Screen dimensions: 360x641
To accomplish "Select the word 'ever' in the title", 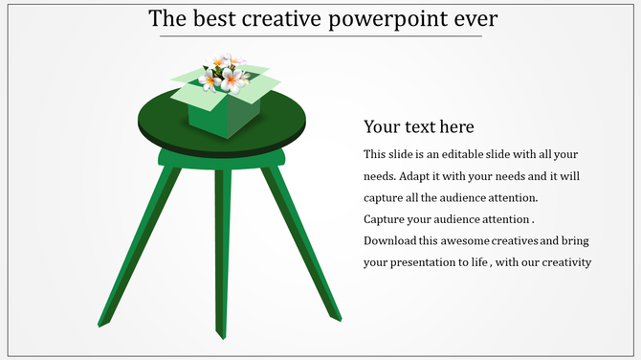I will point(474,19).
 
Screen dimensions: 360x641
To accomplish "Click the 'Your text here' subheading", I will point(419,126).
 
